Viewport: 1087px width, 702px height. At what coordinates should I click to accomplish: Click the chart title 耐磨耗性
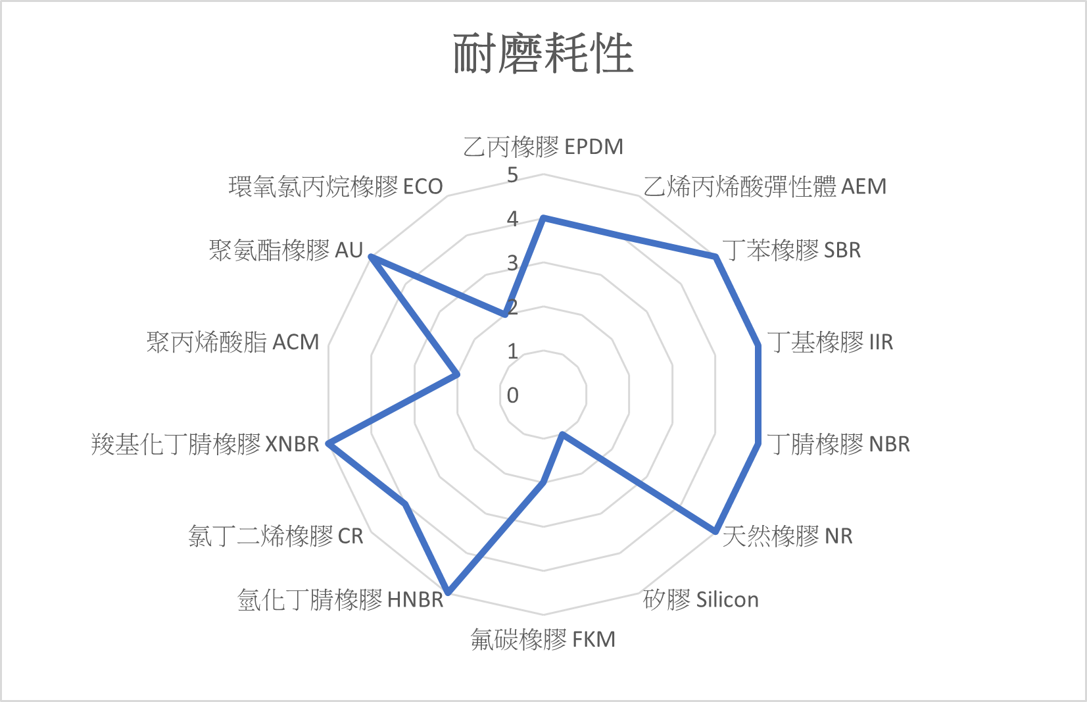coord(543,54)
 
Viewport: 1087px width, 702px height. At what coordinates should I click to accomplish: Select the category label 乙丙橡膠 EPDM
coord(543,147)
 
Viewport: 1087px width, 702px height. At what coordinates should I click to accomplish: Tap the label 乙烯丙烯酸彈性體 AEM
coord(765,187)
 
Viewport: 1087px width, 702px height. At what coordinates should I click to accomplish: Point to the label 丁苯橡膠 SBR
coord(791,250)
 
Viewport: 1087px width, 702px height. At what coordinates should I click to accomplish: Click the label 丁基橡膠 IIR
coord(830,342)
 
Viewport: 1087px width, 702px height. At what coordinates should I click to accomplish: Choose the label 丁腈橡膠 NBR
coord(838,444)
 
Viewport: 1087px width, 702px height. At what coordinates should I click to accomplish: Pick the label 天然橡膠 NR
coord(787,536)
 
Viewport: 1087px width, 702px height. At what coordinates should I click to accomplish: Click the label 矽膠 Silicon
coord(701,599)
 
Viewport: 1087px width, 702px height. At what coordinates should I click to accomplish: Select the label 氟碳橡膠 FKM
coord(543,639)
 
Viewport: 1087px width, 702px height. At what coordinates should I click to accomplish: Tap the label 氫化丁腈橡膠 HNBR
coord(341,599)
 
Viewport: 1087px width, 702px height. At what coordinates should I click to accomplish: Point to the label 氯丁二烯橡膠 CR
coord(276,536)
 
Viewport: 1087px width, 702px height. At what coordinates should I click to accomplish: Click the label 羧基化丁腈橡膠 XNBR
coord(205,444)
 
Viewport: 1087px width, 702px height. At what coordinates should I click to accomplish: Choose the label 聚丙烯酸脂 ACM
coord(233,342)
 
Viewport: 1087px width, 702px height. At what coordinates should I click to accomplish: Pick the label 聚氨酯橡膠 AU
coord(286,250)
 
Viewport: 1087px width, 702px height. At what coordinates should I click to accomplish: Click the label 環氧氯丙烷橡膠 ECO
coord(335,187)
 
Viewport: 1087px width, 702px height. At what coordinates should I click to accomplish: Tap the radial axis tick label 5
coord(512,175)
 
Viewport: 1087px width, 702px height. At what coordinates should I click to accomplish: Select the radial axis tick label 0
coord(512,395)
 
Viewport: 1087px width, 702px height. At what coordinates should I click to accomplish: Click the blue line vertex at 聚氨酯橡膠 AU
coord(372,257)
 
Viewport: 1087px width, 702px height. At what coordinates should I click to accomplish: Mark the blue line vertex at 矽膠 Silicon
coord(562,434)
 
